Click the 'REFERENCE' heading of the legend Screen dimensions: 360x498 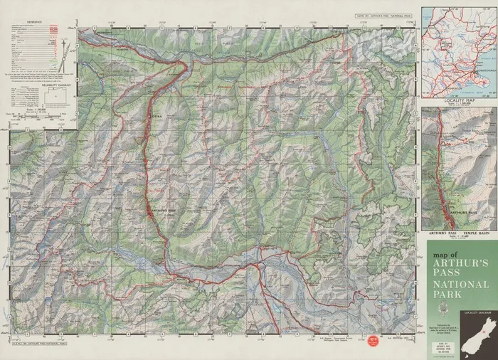click(33, 22)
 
